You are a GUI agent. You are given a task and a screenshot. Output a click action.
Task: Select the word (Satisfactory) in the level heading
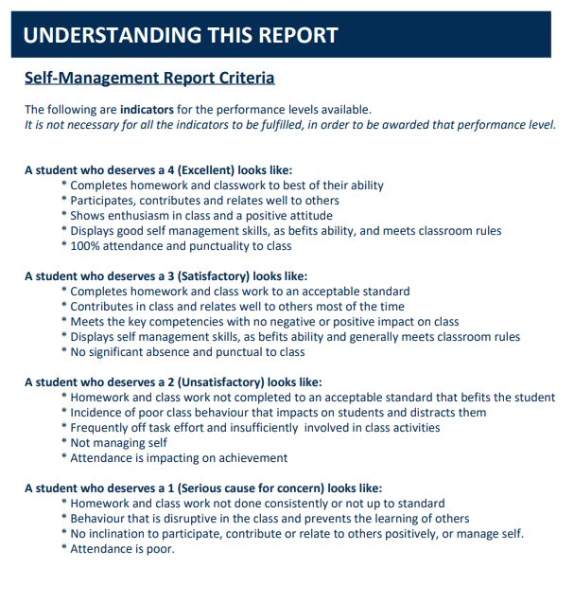pos(200,276)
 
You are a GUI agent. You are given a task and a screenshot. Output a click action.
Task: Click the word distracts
pos(428,413)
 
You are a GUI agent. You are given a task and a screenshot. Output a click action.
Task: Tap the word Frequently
pos(103,428)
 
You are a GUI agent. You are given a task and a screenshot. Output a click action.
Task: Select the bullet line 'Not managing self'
pos(118,443)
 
